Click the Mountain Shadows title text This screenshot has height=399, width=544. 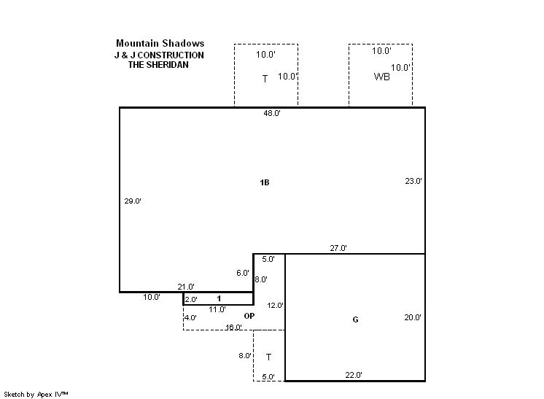click(160, 43)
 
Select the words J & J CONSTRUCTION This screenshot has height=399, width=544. click(159, 55)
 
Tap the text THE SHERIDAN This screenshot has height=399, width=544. click(158, 65)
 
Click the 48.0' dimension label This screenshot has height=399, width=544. click(272, 113)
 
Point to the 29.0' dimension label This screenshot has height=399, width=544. click(133, 201)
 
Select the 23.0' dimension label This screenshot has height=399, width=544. click(413, 181)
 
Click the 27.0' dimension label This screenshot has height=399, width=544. click(338, 248)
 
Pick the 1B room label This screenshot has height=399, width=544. click(265, 182)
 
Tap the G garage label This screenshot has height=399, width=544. click(355, 319)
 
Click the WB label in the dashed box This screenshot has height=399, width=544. click(381, 77)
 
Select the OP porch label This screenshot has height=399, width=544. click(249, 316)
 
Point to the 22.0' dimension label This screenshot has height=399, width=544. click(354, 375)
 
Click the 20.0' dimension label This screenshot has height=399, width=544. click(413, 317)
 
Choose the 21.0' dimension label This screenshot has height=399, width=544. click(186, 287)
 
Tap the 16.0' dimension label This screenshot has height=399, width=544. click(233, 328)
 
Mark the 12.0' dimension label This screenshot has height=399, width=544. click(275, 306)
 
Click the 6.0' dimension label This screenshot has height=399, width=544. click(243, 273)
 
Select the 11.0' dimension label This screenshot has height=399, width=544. click(217, 309)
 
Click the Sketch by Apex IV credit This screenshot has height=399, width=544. click(36, 395)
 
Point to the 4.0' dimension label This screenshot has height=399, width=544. click(190, 317)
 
